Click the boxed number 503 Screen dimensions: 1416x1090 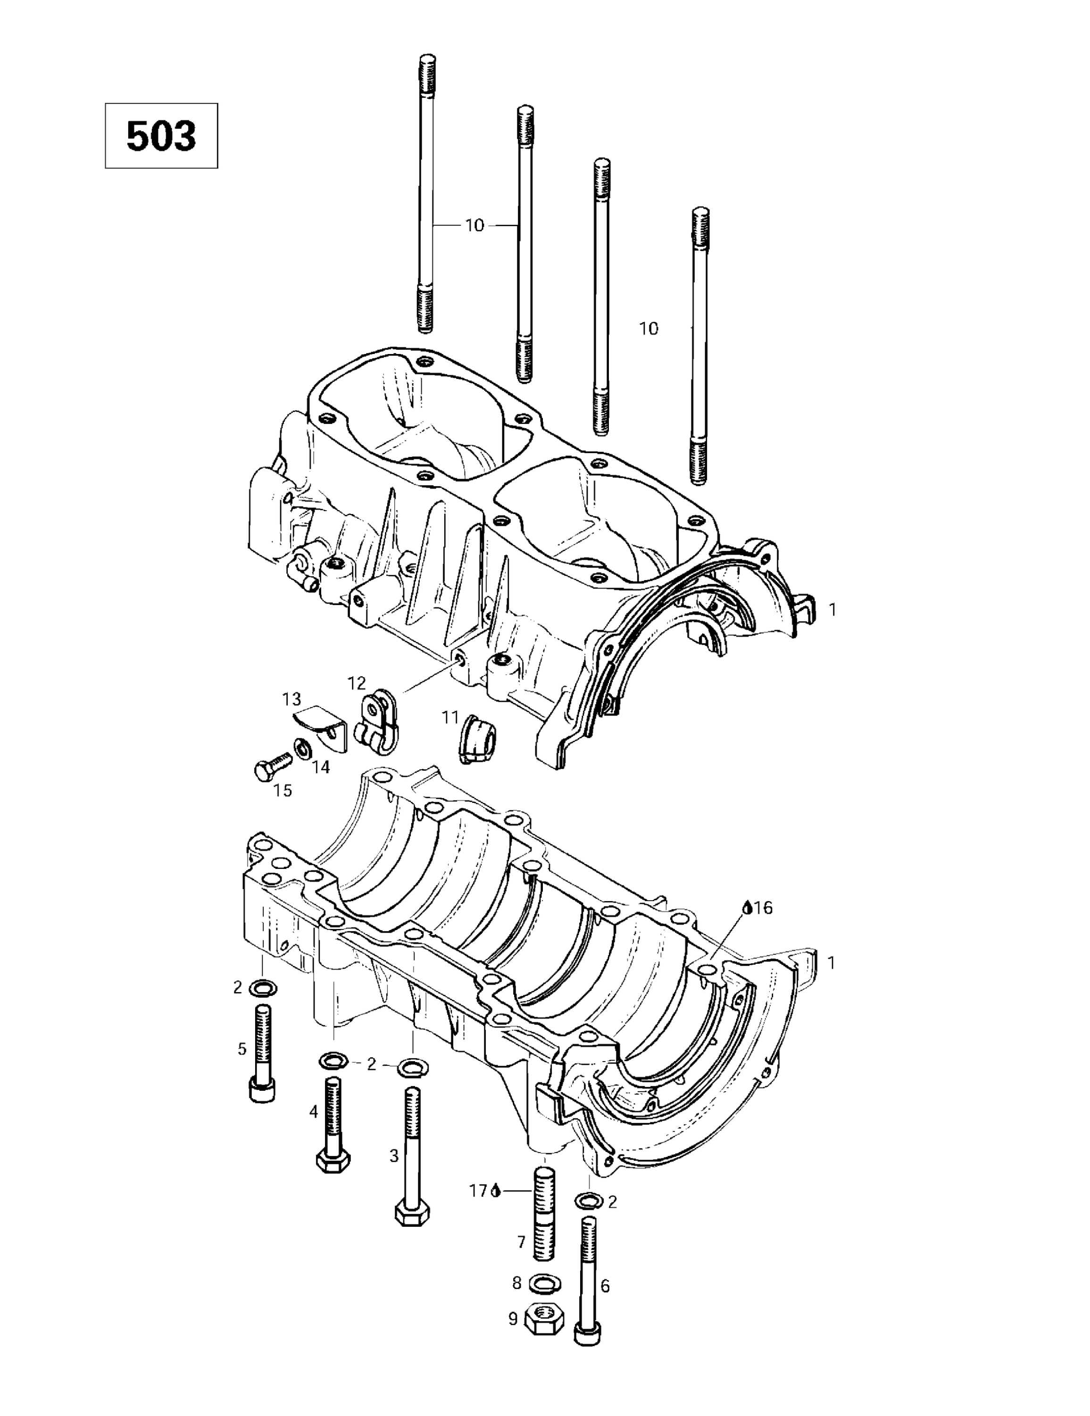161,136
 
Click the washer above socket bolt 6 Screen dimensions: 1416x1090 588,1201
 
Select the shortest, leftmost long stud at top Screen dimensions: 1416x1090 424,194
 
